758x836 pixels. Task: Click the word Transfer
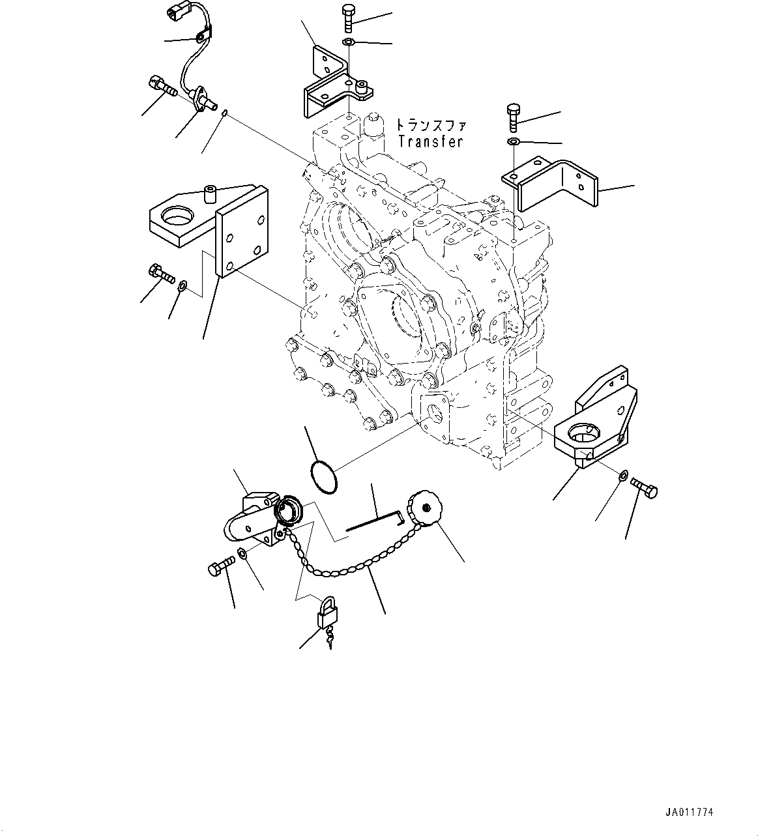pyautogui.click(x=430, y=141)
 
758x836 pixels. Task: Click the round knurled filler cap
pyautogui.click(x=426, y=508)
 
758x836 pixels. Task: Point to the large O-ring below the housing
pyautogui.click(x=323, y=477)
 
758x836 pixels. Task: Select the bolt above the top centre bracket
pyautogui.click(x=347, y=18)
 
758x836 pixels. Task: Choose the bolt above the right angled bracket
pyautogui.click(x=513, y=118)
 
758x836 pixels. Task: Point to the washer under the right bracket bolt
pyautogui.click(x=513, y=141)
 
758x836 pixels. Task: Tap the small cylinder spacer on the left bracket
pyautogui.click(x=211, y=195)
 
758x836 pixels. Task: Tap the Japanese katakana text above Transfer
pyautogui.click(x=431, y=125)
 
